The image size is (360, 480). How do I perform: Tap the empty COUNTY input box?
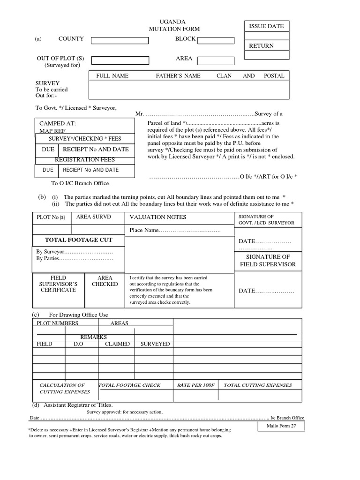click(x=120, y=40)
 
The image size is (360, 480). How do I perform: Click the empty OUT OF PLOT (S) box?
click(x=120, y=60)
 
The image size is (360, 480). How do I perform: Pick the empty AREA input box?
click(x=216, y=60)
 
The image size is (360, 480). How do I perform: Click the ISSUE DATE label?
click(x=266, y=26)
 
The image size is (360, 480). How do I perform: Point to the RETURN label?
click(x=261, y=46)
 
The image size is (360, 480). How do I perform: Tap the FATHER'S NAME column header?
click(x=178, y=75)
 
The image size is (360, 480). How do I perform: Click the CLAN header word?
click(x=224, y=75)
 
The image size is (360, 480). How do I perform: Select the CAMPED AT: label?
click(x=58, y=124)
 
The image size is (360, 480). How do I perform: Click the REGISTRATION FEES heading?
click(x=85, y=160)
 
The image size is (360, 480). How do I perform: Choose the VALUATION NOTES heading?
click(x=157, y=217)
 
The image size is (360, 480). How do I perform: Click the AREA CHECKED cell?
click(x=105, y=281)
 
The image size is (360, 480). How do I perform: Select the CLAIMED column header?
click(x=117, y=344)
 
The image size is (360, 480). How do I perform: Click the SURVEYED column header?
click(x=155, y=344)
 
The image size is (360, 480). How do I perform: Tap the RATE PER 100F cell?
click(x=195, y=385)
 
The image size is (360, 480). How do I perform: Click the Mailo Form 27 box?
click(x=281, y=426)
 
